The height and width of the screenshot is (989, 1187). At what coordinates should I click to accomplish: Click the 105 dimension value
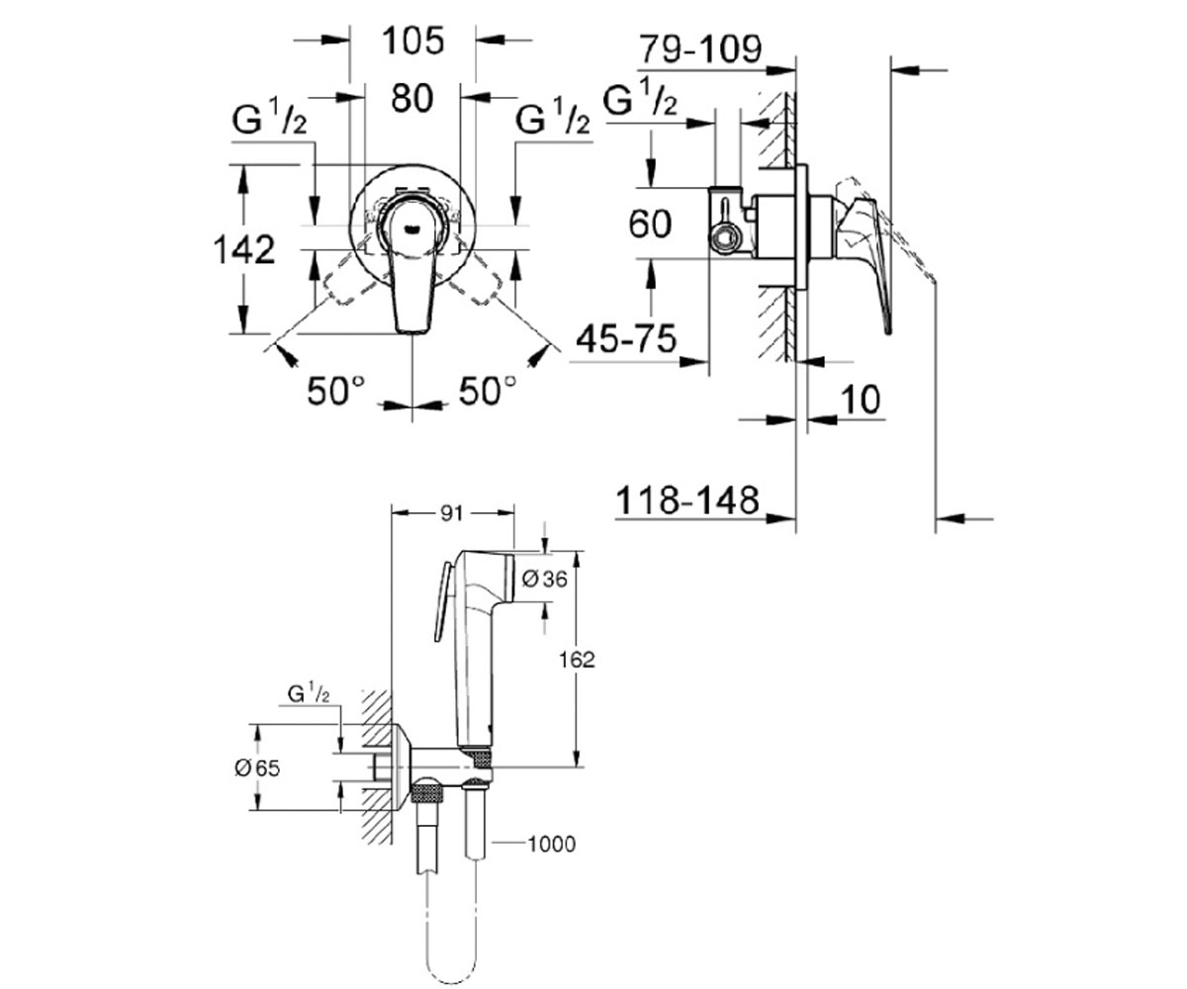coord(412,41)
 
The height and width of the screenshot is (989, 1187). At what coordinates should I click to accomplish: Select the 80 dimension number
coord(412,97)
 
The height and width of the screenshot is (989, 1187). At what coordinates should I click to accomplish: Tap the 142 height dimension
coord(244,249)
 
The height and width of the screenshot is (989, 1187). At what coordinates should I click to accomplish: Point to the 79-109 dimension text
coord(700,48)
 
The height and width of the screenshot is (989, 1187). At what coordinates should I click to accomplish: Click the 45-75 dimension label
coord(626,339)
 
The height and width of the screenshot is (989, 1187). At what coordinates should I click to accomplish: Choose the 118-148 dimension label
coord(687,500)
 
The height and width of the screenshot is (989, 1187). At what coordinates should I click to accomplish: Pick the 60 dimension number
coord(650,224)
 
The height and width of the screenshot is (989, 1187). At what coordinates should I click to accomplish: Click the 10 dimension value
coord(861,400)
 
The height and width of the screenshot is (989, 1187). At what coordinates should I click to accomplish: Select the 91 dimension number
coord(452,514)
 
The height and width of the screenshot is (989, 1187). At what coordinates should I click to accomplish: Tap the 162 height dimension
coord(577,660)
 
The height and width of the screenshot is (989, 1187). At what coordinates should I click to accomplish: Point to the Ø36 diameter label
coord(545,580)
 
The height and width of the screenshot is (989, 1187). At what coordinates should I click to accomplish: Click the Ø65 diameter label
coord(257,768)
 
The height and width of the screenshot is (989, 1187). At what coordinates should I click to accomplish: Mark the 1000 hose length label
coord(551,844)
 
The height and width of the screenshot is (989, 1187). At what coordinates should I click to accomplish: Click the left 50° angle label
coord(335,391)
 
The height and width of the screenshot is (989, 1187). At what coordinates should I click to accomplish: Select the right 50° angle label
coord(488,391)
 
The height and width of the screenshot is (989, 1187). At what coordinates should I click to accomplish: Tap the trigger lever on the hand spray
coord(442,603)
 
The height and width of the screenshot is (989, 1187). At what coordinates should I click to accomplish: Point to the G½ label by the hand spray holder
coord(309,693)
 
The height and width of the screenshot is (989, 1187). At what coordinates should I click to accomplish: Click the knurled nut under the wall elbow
coord(427,792)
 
